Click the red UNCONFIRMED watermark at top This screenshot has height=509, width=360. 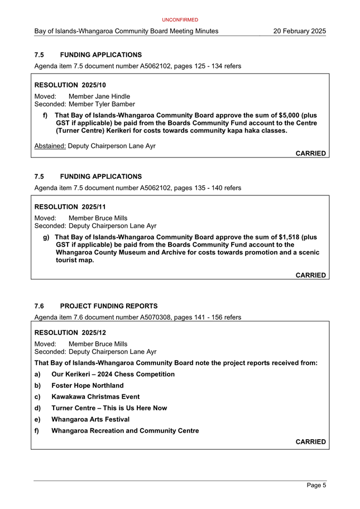click(x=180, y=20)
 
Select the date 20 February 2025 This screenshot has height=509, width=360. click(x=299, y=31)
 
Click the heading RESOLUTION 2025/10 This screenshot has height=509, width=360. click(x=70, y=85)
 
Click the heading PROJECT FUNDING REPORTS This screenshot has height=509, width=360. click(x=109, y=306)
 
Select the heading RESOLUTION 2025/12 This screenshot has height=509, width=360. click(x=70, y=333)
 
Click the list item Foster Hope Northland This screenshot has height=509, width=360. click(x=87, y=386)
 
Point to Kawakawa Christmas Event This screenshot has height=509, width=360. click(x=95, y=397)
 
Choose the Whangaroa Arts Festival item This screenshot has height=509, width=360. click(x=90, y=419)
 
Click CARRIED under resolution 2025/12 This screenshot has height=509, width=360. click(x=310, y=441)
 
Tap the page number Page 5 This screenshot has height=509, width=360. click(x=316, y=486)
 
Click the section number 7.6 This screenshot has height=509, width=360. click(x=39, y=306)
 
